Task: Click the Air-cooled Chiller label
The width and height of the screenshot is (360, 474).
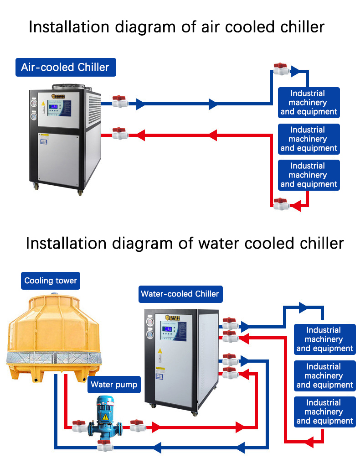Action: click(65, 68)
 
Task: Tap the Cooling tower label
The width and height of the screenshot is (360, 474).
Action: click(51, 281)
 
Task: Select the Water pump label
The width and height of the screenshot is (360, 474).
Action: click(114, 385)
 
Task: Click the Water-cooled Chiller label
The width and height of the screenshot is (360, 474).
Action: click(180, 294)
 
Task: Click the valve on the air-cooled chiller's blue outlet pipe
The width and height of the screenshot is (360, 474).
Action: click(119, 101)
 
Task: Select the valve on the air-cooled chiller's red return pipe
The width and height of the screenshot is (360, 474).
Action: click(119, 133)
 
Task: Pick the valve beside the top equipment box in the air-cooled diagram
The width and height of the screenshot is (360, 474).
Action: click(281, 69)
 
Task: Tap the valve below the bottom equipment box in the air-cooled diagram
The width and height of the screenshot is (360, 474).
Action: click(281, 203)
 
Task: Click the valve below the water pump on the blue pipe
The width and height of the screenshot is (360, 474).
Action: click(104, 446)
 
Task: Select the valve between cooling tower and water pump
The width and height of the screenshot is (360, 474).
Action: click(79, 426)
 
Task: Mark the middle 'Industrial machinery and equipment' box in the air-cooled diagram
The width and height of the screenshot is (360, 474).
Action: click(309, 139)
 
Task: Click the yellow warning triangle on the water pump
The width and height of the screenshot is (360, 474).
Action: click(105, 416)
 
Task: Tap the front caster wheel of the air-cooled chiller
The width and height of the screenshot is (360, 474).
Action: click(80, 193)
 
